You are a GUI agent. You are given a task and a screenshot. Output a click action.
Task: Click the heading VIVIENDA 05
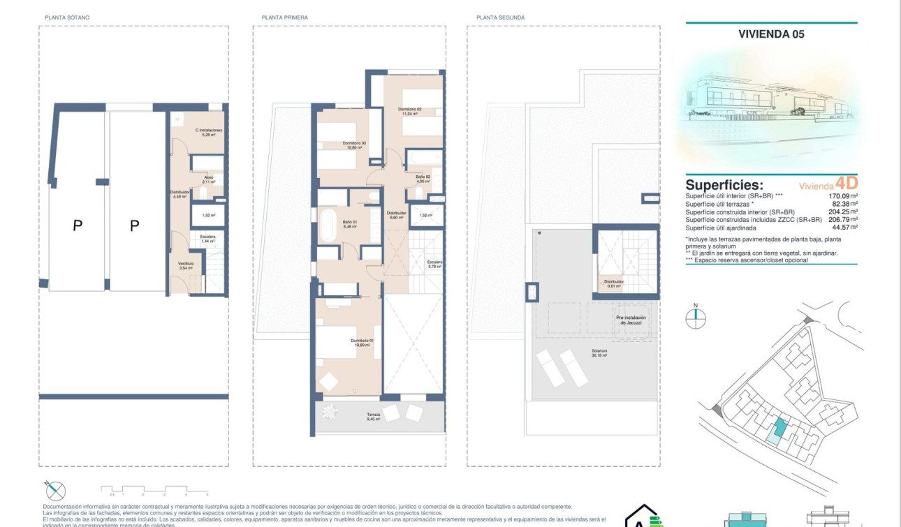771,34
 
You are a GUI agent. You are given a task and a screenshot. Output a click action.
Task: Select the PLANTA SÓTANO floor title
67,17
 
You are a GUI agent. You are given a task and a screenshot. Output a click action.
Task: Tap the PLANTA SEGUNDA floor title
500,17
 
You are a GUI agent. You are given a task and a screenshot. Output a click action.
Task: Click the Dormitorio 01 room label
362,343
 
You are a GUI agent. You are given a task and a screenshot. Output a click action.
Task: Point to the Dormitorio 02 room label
410,111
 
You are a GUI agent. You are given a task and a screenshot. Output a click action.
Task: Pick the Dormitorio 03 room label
354,145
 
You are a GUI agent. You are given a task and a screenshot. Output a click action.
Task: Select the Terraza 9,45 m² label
374,417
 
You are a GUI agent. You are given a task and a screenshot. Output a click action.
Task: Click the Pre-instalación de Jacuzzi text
631,320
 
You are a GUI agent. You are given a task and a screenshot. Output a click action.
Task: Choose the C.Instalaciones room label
208,133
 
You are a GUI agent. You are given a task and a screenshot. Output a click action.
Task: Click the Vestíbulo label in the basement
185,265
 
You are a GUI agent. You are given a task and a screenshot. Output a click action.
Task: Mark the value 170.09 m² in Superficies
838,196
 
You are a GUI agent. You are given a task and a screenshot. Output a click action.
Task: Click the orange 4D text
847,185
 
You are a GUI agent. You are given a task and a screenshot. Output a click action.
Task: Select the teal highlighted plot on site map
776,429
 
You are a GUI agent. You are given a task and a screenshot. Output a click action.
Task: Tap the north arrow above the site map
696,317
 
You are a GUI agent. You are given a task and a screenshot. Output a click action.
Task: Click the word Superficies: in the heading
724,185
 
